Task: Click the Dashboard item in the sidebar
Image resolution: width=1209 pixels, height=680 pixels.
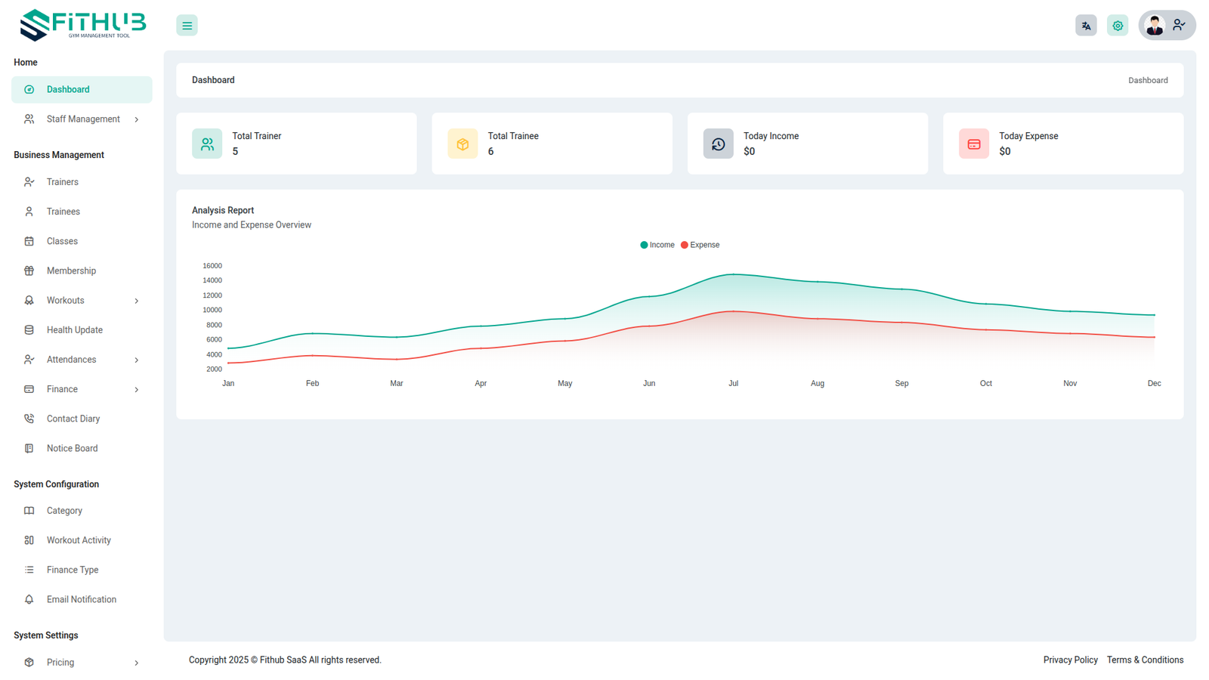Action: point(68,89)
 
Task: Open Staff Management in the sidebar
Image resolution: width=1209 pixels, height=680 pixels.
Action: point(83,119)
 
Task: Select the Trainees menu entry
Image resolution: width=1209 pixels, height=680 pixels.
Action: point(63,212)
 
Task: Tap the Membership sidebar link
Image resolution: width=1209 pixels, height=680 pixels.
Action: point(71,270)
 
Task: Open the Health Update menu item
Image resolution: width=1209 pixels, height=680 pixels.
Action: point(74,330)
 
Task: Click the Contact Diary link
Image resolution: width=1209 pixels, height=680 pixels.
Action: point(73,419)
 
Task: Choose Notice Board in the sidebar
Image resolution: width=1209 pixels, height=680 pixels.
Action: point(72,448)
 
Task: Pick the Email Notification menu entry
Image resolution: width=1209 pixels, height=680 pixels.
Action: point(81,599)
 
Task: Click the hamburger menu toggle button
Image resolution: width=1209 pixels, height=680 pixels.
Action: point(187,26)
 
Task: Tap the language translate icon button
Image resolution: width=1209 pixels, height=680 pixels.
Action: point(1086,26)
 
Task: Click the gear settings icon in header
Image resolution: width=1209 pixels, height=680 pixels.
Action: point(1118,26)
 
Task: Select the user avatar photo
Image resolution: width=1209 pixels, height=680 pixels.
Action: point(1154,26)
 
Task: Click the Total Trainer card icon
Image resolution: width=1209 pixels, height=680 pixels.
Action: point(207,144)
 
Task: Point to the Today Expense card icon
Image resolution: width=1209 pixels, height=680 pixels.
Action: point(974,144)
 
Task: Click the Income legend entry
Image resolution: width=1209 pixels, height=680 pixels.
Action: point(657,245)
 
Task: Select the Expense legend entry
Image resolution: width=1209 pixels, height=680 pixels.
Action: point(700,245)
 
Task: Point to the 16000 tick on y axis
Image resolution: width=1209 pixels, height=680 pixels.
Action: point(212,266)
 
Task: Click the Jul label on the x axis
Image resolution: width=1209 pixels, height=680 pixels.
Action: point(733,384)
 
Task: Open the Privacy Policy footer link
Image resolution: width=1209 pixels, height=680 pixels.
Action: point(1070,660)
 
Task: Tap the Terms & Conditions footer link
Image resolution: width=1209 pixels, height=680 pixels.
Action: point(1145,660)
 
